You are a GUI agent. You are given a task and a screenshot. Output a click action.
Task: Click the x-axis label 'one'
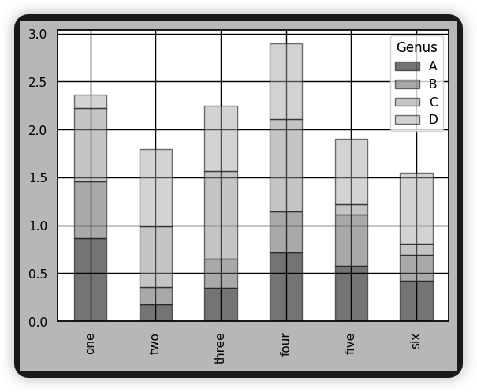(x=91, y=343)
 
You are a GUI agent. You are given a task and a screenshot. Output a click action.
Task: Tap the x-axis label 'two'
(x=155, y=343)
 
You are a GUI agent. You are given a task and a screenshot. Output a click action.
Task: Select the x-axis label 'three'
(x=221, y=347)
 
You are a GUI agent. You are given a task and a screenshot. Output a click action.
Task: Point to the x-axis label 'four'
(x=285, y=345)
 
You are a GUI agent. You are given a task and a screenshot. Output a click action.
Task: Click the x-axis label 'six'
(x=416, y=342)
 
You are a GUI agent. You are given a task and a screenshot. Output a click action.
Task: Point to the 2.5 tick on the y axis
(x=37, y=83)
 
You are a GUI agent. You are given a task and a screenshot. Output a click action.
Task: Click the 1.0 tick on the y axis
(x=37, y=226)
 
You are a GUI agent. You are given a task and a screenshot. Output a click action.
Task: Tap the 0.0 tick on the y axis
(x=37, y=322)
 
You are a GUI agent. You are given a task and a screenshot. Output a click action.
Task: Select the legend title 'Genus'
(x=417, y=48)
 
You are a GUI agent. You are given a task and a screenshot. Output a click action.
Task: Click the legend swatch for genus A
(x=407, y=66)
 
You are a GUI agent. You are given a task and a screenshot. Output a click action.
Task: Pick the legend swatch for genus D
(x=407, y=120)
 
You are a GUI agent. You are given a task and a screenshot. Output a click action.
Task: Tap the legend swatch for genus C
(x=407, y=102)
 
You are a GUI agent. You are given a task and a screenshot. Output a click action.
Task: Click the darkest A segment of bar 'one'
(x=91, y=280)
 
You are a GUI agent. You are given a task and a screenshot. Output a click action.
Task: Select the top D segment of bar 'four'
(x=285, y=81)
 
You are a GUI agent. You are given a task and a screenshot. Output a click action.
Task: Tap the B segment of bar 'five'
(x=351, y=240)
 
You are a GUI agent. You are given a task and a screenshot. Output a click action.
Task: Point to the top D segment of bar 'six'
(x=416, y=208)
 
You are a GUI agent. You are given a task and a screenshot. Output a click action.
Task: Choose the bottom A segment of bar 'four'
(x=285, y=287)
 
